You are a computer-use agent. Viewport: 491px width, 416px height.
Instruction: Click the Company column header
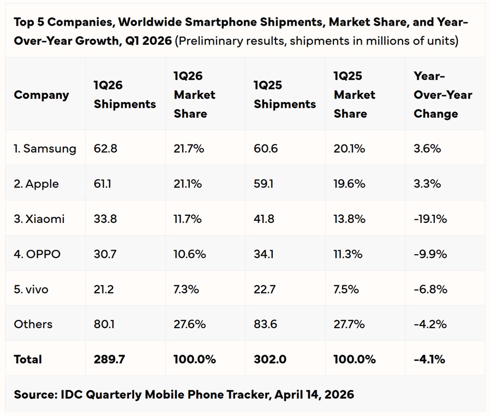[x=41, y=95]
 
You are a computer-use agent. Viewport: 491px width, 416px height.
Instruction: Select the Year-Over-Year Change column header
[x=442, y=95]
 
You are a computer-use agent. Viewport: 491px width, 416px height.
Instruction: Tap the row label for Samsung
[x=45, y=148]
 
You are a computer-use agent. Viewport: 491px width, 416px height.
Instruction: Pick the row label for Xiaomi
[x=39, y=219]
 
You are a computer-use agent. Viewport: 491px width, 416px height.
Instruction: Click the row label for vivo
[x=31, y=289]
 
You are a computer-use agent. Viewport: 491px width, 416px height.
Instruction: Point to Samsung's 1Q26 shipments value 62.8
[x=105, y=148]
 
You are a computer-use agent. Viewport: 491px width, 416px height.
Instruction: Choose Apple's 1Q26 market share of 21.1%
[x=188, y=184]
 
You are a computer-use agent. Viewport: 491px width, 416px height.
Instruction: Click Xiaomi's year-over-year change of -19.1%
[x=430, y=219]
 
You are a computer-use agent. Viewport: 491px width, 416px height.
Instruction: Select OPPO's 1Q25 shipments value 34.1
[x=264, y=254]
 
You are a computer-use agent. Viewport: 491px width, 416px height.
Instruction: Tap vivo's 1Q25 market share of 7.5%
[x=346, y=289]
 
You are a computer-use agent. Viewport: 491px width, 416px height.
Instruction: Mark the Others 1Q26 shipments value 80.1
[x=104, y=324]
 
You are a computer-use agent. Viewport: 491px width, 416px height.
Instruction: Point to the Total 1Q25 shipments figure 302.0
[x=269, y=359]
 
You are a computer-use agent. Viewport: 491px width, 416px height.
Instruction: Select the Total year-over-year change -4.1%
[x=429, y=359]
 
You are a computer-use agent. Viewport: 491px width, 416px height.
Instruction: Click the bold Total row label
[x=28, y=359]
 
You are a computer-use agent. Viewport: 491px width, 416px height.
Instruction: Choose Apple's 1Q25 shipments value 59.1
[x=264, y=184]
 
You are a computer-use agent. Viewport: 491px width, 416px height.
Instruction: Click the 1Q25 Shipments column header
[x=285, y=95]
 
